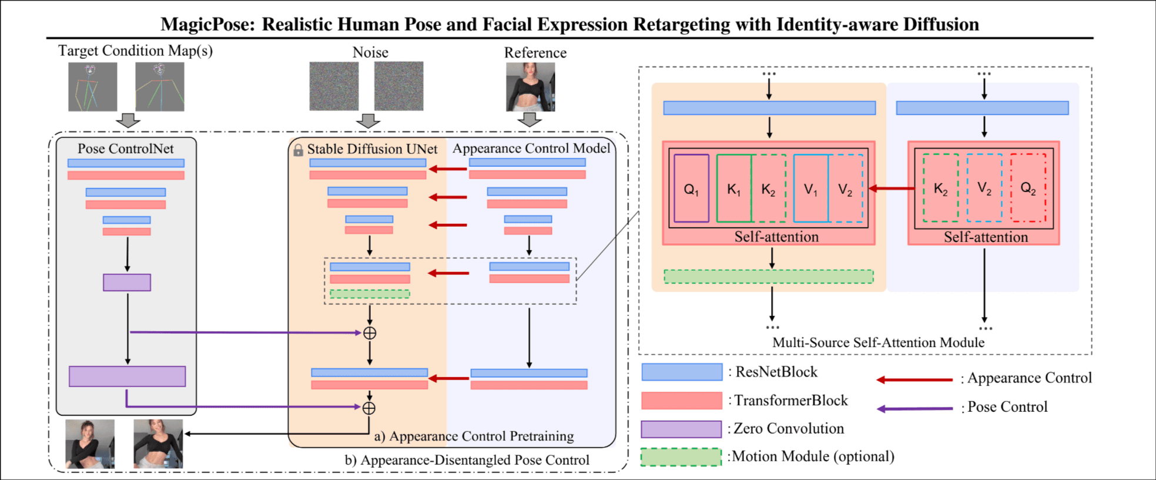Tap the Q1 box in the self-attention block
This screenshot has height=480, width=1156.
click(x=692, y=189)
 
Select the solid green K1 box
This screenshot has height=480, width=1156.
click(x=734, y=189)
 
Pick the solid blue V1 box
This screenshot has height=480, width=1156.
click(x=811, y=189)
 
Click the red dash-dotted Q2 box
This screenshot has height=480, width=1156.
click(x=1028, y=188)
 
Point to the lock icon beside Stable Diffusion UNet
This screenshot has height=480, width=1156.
click(x=298, y=150)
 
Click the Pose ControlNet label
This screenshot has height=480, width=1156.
click(x=126, y=149)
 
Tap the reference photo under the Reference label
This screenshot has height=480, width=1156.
click(x=530, y=87)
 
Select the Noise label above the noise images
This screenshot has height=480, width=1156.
click(x=370, y=52)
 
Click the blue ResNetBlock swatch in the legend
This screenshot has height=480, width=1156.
click(x=682, y=372)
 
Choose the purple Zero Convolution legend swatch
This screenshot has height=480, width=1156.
click(x=681, y=429)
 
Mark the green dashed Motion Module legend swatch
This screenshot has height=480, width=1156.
click(x=681, y=457)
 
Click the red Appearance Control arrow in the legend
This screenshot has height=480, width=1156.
click(x=914, y=380)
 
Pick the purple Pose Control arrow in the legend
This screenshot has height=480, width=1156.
click(x=914, y=408)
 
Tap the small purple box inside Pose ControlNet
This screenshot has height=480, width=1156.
click(x=127, y=283)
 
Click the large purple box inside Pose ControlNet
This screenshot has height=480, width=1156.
click(x=127, y=376)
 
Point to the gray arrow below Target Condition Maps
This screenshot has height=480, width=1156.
click(x=128, y=120)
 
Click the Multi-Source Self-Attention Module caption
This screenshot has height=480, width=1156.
click(x=878, y=343)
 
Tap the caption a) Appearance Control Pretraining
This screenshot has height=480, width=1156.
click(x=474, y=436)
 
